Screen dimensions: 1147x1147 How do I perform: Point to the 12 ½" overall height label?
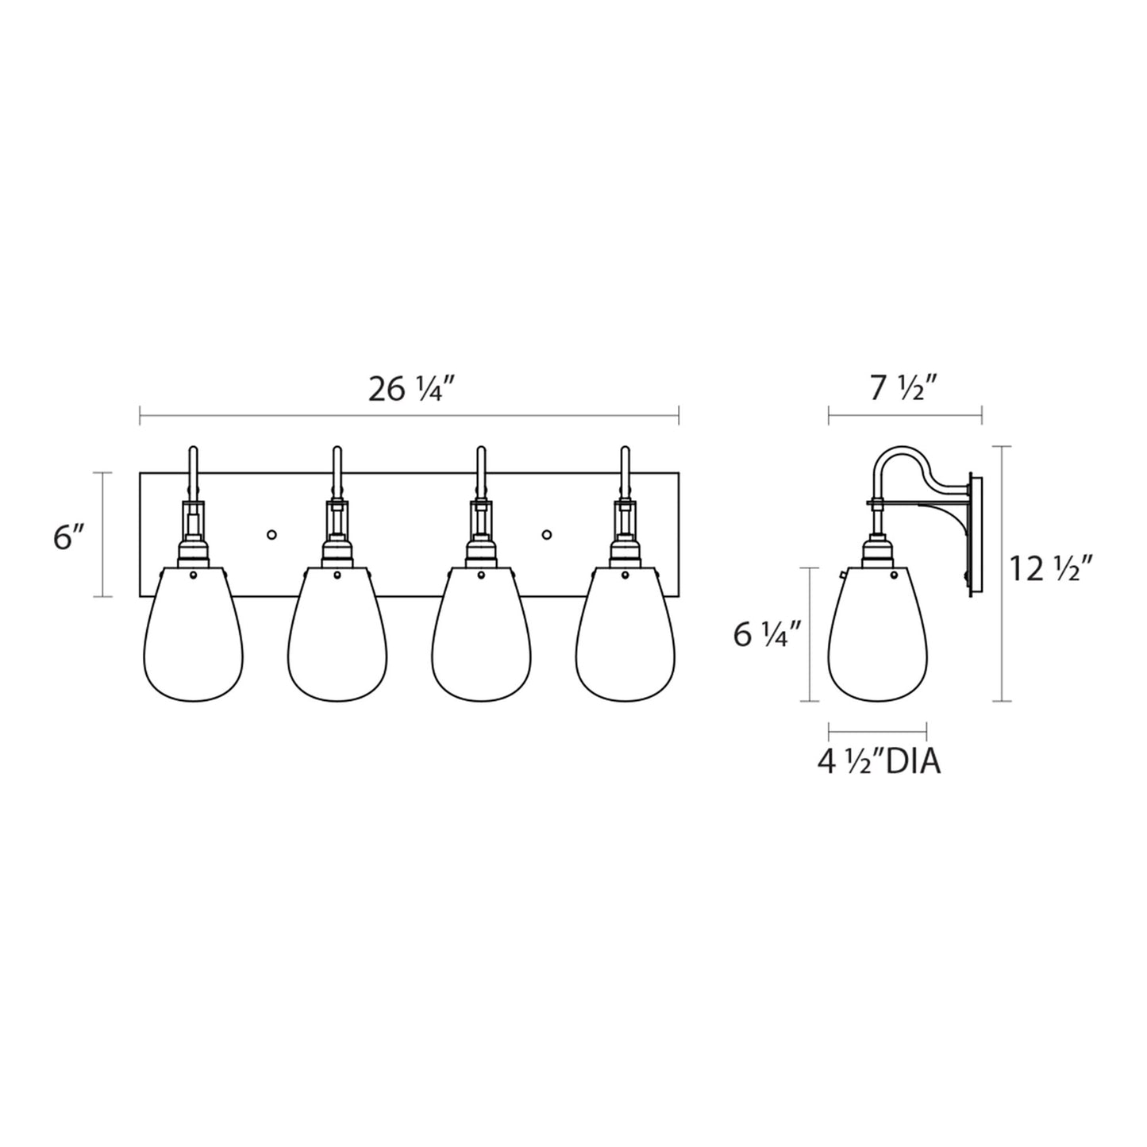(x=1051, y=568)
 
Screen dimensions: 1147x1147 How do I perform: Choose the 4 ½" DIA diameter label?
(x=879, y=762)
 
